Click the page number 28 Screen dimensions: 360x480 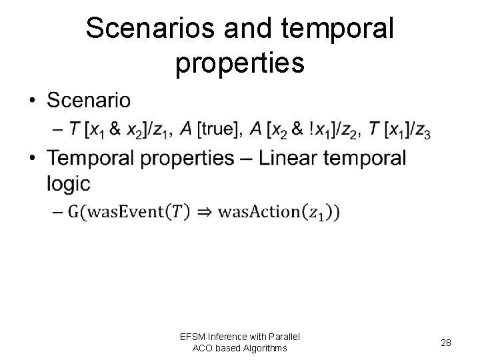pyautogui.click(x=446, y=342)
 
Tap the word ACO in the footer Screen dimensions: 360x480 pyautogui.click(x=203, y=347)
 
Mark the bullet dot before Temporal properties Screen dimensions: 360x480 pyautogui.click(x=33, y=159)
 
